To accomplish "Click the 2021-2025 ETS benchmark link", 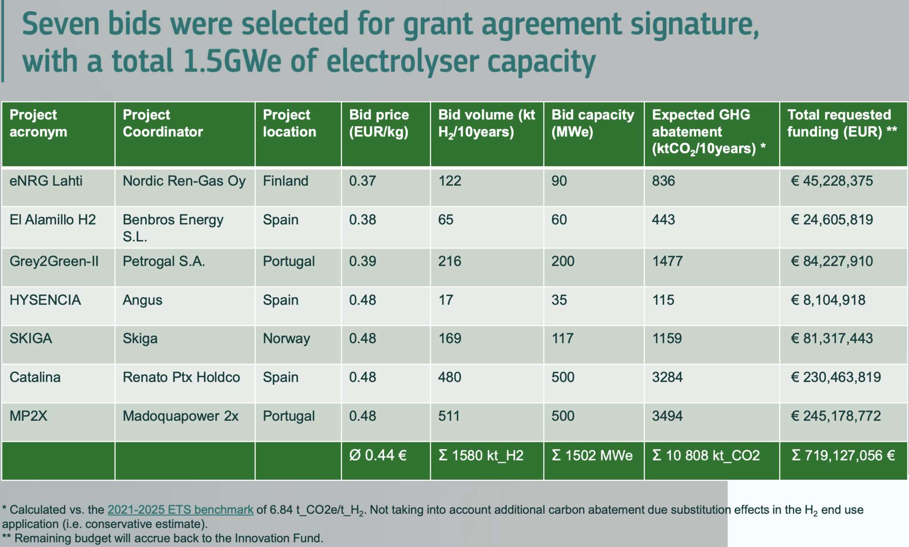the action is (180, 510).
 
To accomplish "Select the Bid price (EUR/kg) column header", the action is (379, 123).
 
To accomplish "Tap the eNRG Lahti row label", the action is (46, 181).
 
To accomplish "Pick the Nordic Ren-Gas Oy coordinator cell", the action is (184, 181).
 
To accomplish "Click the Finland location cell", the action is (285, 181).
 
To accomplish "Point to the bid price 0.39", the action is (363, 261).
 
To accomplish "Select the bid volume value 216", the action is (450, 261).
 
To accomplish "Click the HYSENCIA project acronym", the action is (45, 300).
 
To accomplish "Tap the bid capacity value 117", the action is (562, 338).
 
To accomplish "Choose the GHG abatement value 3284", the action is (668, 377).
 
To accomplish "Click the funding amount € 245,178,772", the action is (836, 416).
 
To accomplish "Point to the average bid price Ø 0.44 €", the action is (378, 455).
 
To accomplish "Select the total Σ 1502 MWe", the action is (592, 455).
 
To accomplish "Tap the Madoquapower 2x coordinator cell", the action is (180, 416).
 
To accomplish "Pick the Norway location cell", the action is (286, 339).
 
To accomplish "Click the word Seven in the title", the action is (61, 24).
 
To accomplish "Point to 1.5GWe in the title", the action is (232, 61).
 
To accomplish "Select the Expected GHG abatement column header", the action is (709, 132).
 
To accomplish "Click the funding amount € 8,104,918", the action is (828, 300).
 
